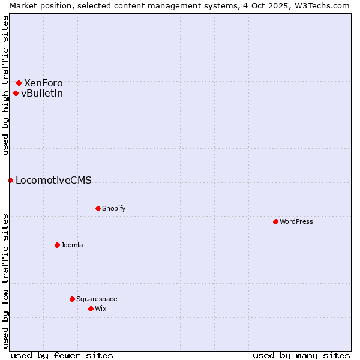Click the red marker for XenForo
click(x=19, y=83)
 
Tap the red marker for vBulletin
click(x=16, y=93)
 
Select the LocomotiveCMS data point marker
click(x=10, y=180)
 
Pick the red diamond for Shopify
click(x=98, y=208)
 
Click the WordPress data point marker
click(x=275, y=221)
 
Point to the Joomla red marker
click(x=57, y=245)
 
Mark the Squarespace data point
click(x=72, y=299)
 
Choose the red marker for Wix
click(x=91, y=308)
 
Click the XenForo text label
click(x=43, y=83)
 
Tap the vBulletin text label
click(x=42, y=93)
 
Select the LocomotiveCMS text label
click(x=53, y=180)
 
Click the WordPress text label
click(x=296, y=221)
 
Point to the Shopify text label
click(x=114, y=208)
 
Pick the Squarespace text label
click(x=97, y=299)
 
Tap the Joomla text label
click(x=72, y=245)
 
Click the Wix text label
click(x=100, y=308)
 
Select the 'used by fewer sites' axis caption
click(x=62, y=355)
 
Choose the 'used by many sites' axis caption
click(x=301, y=355)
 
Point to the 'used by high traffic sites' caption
click(x=5, y=85)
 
